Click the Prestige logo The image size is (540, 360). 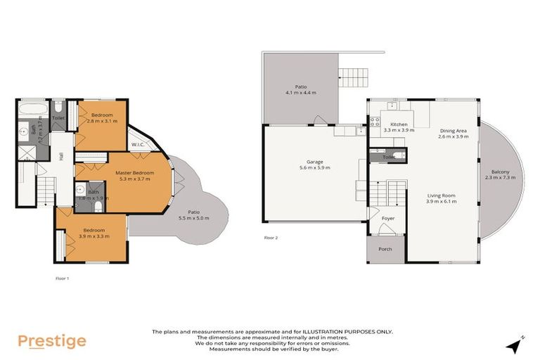pos(51,341)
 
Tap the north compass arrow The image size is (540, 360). pos(517,345)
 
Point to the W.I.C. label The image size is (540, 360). pos(138,145)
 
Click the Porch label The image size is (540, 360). pos(385,249)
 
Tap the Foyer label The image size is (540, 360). pos(388,218)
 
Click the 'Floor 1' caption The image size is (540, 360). pos(63,278)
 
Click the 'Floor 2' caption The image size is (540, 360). pos(271,238)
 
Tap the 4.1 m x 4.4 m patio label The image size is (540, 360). pos(300,90)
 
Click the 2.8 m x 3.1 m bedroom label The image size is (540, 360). pos(101,118)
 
